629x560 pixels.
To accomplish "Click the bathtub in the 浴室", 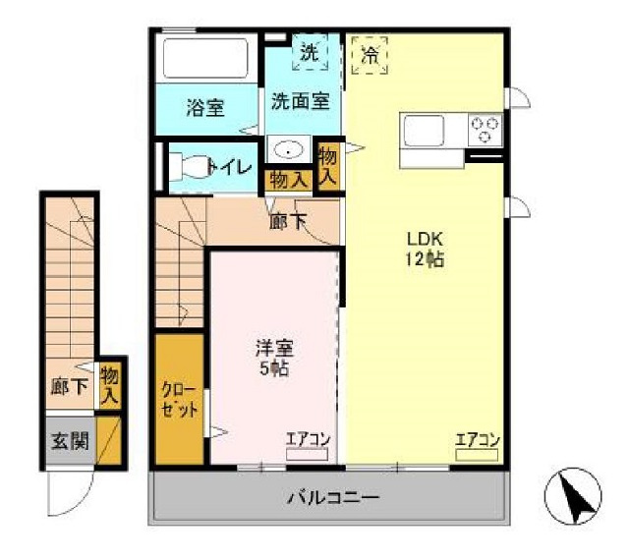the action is [x=206, y=58].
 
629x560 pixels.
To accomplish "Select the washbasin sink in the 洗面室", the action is [x=288, y=149].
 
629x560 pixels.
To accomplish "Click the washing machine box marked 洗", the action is [x=310, y=52].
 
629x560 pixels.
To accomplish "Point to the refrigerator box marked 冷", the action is [x=370, y=56].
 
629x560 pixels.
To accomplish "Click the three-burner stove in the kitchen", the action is [x=485, y=130].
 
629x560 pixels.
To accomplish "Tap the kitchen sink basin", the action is [x=424, y=131].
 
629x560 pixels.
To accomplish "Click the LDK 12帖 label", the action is [x=426, y=250].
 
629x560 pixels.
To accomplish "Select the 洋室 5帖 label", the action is [x=275, y=359].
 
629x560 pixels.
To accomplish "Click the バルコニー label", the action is [x=333, y=499].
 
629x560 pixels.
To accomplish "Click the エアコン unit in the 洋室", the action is [x=307, y=454].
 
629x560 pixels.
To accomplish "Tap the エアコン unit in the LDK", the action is [x=477, y=455].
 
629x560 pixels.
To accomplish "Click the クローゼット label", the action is [x=179, y=400].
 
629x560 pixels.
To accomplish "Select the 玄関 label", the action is [x=70, y=441].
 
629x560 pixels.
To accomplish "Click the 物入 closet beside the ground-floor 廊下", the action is [x=110, y=386].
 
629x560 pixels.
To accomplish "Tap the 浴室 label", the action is [x=205, y=107].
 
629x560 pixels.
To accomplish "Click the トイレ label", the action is [x=230, y=167].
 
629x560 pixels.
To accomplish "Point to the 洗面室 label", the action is [x=301, y=101].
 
